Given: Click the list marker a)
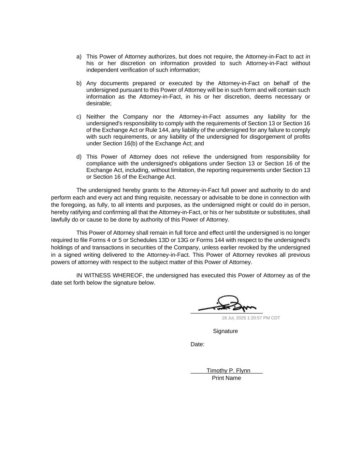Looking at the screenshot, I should [x=79, y=57].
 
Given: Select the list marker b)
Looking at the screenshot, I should [x=79, y=83].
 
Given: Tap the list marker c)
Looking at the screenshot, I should [x=79, y=117].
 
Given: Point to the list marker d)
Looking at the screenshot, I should [x=79, y=157].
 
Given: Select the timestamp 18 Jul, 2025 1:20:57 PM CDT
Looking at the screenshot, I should [x=251, y=318].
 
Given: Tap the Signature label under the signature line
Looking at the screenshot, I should [x=225, y=331].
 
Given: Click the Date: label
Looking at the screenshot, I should [x=197, y=344].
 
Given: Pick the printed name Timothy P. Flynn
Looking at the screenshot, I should [x=228, y=371].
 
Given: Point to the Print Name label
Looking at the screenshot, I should [x=226, y=378].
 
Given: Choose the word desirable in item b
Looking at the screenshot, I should [x=98, y=103].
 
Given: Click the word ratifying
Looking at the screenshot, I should [x=82, y=212].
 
